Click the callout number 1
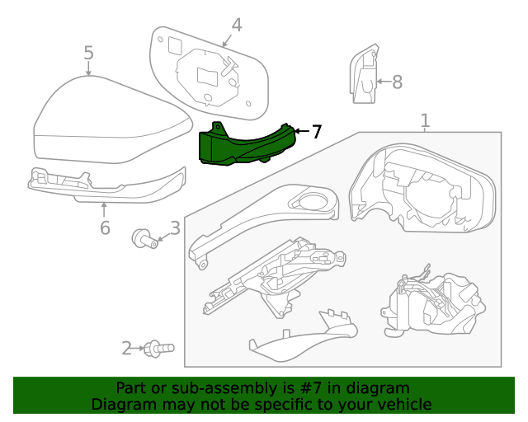point(425,121)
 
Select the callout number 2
point(126,349)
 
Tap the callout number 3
point(174,228)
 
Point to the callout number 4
point(236,26)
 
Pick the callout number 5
point(88,54)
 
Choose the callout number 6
point(104,227)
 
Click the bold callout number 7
point(316,131)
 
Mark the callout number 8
point(397,82)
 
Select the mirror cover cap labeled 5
point(107,124)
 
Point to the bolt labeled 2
point(157,349)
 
